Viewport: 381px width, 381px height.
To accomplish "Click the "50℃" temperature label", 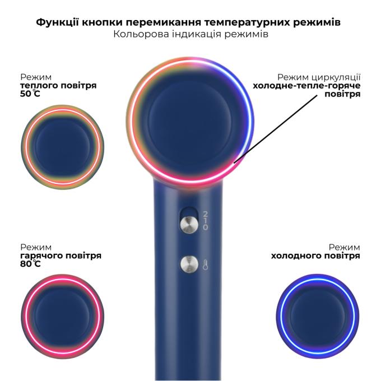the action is tap(30, 94).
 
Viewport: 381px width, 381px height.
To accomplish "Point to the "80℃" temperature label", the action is tap(30, 263).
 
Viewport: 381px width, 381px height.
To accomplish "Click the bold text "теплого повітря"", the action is tap(58, 86).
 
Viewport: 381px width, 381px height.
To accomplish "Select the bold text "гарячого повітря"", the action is tap(61, 255).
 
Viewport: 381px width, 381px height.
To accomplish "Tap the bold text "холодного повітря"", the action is tap(315, 255).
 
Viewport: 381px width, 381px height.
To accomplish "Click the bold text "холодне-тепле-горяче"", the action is tap(306, 86).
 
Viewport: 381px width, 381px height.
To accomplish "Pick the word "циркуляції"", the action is tap(336, 77).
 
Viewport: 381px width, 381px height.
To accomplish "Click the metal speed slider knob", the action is tap(189, 224).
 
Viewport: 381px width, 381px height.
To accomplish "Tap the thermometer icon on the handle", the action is tap(205, 264).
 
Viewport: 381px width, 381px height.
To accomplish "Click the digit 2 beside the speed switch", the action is tap(205, 214).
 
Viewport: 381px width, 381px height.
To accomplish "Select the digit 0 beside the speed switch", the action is tap(205, 227).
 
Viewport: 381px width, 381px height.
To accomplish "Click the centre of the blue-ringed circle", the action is tap(318, 316).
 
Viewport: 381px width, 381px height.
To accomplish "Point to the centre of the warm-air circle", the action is tap(62, 147).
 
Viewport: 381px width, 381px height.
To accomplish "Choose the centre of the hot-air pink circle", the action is tap(62, 317).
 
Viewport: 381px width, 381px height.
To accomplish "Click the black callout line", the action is tap(276, 129).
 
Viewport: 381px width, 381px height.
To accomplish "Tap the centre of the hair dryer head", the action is tap(190, 121).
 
